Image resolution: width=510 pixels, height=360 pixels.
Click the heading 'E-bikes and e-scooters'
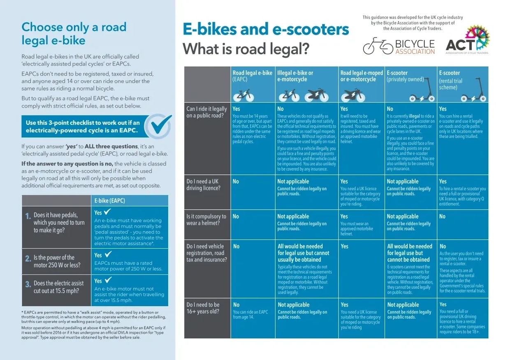point(266,30)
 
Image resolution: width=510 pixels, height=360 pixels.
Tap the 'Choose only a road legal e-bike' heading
point(74,33)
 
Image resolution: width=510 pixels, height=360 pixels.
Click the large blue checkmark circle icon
point(158,126)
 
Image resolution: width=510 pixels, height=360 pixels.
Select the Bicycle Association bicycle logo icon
point(378,46)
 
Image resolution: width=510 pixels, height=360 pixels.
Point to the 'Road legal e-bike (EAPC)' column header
point(252,76)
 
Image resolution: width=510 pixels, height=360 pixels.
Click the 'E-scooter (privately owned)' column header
point(405,76)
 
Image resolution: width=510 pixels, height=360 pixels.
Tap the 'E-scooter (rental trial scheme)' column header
point(451,80)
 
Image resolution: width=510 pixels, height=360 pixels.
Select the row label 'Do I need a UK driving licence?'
point(204,185)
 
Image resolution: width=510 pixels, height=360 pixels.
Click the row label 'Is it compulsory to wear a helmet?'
point(206,219)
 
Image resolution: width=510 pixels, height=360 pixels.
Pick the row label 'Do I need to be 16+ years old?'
point(203,308)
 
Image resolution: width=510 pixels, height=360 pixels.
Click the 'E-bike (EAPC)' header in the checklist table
point(109,201)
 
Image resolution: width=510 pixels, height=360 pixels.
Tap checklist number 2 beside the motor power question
point(28,259)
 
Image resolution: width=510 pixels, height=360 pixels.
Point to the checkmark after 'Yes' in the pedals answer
point(107,212)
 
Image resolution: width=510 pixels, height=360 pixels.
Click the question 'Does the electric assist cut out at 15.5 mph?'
point(58,287)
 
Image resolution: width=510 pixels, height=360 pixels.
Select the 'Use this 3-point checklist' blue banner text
point(83,127)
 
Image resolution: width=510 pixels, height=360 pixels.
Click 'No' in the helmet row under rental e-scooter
point(442,217)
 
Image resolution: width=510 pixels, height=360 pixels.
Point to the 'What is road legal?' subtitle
point(246,49)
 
